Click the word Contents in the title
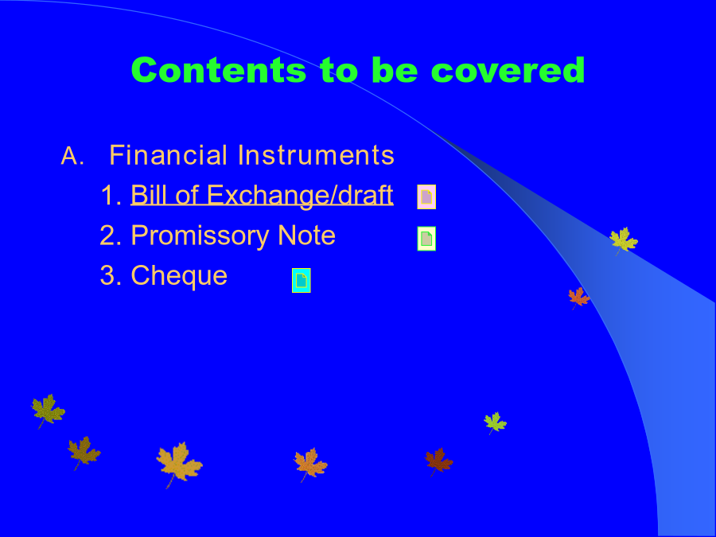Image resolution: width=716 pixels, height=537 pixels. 219,70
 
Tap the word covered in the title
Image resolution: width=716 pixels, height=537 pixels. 508,70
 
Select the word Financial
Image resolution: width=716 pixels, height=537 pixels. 168,155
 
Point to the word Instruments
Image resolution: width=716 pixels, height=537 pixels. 316,155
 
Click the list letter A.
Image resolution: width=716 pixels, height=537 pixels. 72,156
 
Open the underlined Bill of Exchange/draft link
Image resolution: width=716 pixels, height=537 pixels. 262,196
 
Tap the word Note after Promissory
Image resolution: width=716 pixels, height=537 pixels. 306,235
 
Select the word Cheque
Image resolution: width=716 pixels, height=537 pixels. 179,276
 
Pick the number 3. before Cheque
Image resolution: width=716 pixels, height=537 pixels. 111,275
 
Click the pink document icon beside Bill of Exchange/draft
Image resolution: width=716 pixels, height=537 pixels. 426,197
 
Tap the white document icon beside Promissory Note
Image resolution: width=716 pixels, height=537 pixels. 426,239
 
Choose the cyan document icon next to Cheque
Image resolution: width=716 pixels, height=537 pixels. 302,280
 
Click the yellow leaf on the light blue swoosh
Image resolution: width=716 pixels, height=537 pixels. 623,240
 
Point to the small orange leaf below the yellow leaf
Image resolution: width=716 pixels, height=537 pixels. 578,298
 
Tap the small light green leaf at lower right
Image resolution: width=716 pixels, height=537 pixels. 495,422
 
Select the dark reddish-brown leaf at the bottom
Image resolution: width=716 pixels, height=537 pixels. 438,461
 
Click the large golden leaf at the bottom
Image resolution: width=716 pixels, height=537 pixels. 179,464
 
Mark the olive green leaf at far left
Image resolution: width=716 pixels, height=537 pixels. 48,410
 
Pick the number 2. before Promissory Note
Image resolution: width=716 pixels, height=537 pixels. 111,235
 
